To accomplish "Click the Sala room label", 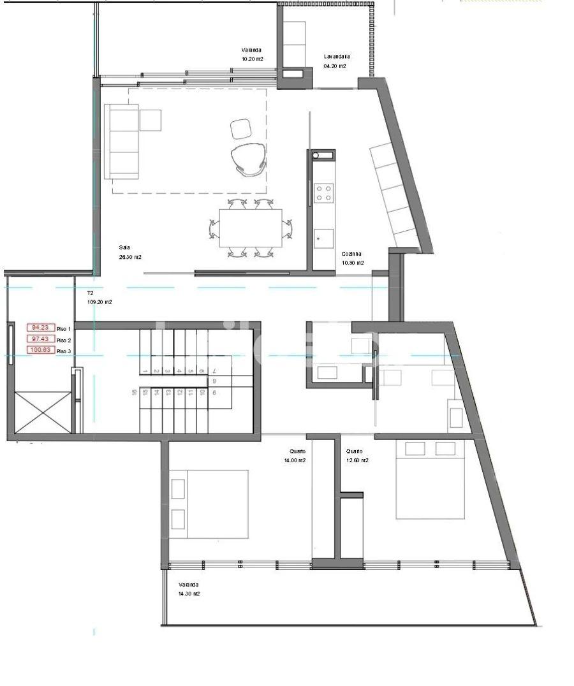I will coord(125,247).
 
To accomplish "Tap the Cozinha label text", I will coord(351,254).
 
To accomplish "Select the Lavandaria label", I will coord(336,56).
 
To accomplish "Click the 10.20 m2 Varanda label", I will coord(252,59).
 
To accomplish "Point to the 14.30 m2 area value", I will coord(189,594).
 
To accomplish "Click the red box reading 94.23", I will coord(40,328).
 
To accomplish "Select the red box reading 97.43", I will coord(40,339).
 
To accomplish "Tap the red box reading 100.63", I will coord(40,349).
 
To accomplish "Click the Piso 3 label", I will coord(64,351).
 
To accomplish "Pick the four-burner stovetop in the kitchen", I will coord(324,193).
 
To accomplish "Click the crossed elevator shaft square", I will coord(43,412).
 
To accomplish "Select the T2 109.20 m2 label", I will coord(99,298).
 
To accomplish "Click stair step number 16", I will coord(135,393).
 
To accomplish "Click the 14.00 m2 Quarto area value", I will coord(295,460).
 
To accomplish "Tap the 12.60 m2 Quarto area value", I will coord(357,460).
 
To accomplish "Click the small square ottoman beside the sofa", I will coord(150,120).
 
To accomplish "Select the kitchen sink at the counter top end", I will coord(323,155).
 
